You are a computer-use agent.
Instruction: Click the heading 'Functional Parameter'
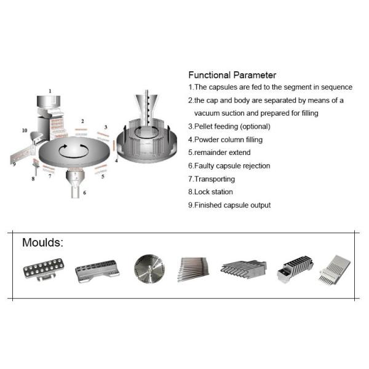tap(232, 75)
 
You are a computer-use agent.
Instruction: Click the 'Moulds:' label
tap(42, 242)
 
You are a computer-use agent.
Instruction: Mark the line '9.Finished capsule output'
tap(229, 205)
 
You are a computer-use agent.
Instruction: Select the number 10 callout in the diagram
tap(25, 130)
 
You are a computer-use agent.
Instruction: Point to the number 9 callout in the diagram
tap(13, 164)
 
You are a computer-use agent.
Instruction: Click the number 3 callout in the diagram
tap(105, 127)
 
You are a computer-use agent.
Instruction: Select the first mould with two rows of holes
tap(41, 269)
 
